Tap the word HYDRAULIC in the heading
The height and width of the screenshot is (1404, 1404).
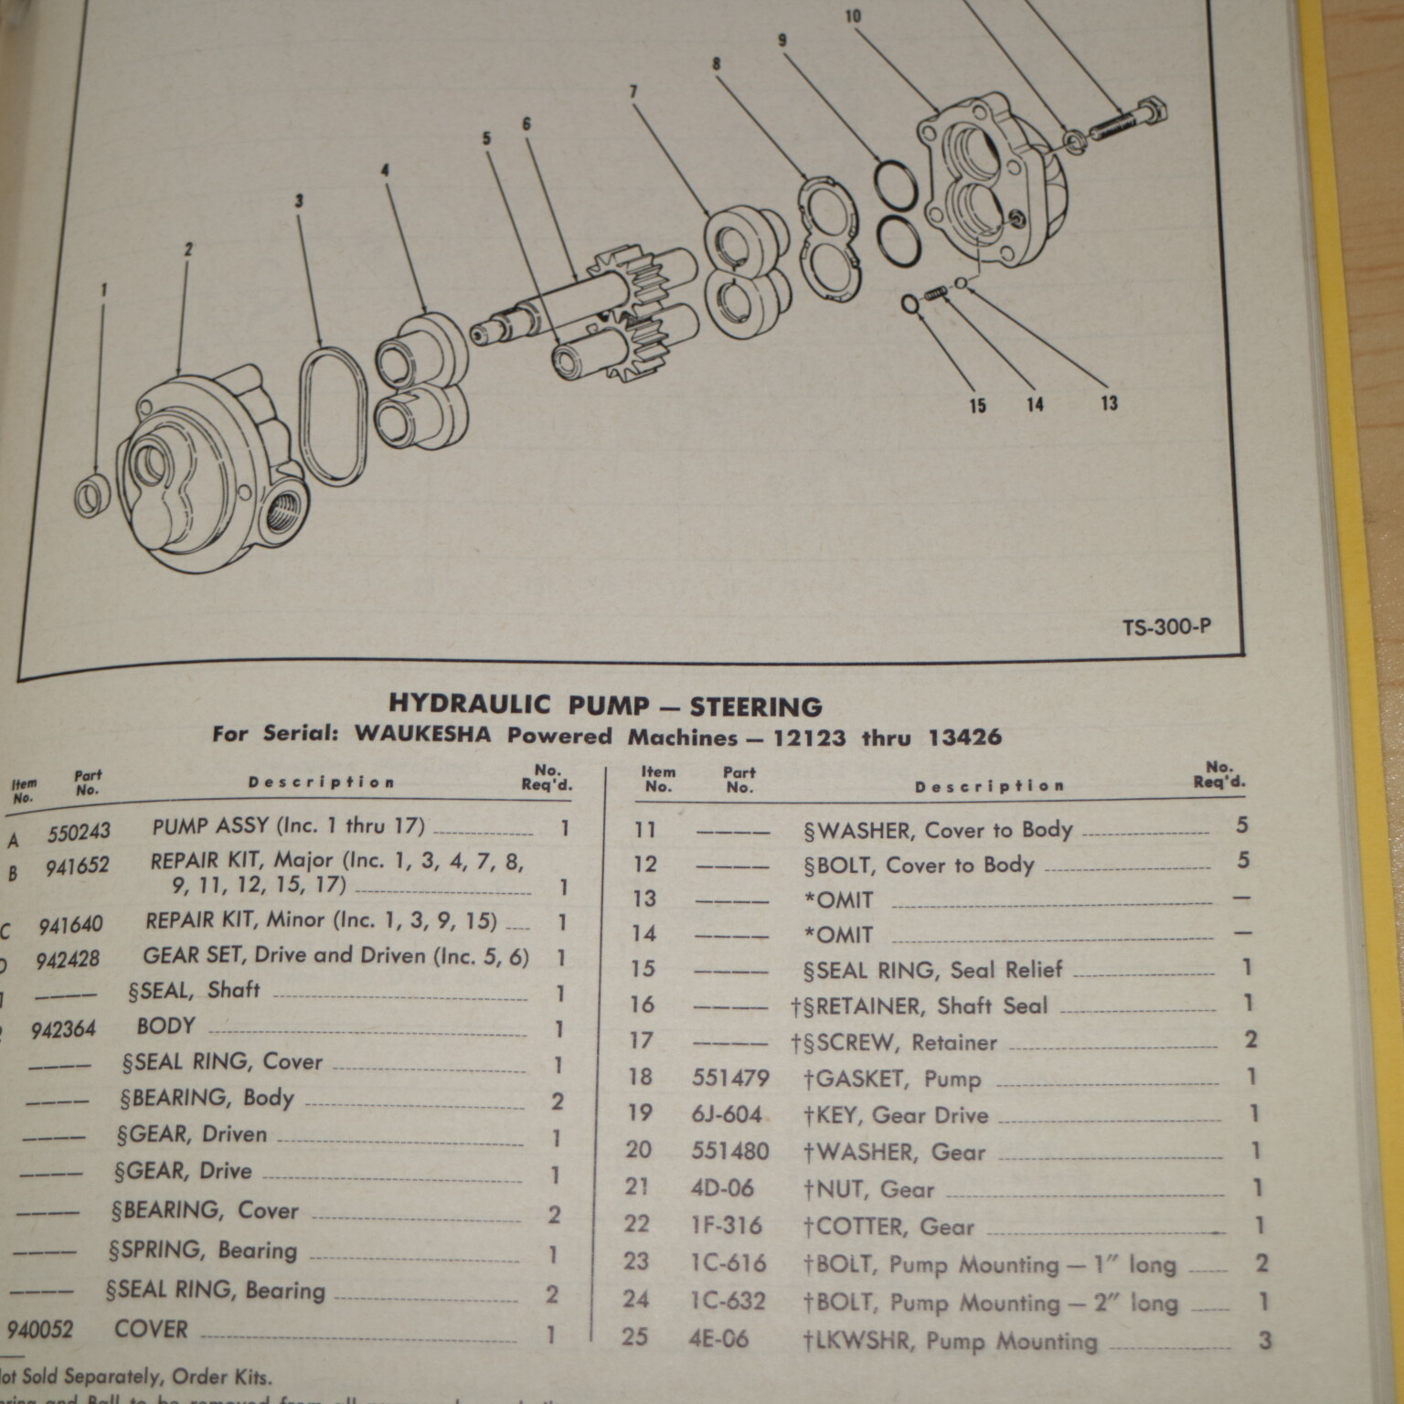click(470, 704)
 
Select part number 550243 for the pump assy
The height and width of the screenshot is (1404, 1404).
click(80, 831)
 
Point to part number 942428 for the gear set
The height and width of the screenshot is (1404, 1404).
click(68, 960)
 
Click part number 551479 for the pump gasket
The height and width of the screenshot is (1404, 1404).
click(730, 1078)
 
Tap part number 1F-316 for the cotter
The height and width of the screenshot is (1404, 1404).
click(727, 1226)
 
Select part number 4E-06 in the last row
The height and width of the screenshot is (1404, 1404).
click(719, 1339)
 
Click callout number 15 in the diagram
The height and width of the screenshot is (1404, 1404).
click(978, 406)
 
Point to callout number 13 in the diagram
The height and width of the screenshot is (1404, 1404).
click(1109, 403)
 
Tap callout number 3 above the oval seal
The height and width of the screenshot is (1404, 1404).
click(299, 201)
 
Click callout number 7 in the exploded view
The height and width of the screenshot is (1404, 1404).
click(633, 91)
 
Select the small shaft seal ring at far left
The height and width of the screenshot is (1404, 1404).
click(92, 495)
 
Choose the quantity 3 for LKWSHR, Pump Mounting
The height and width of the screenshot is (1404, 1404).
click(1264, 1341)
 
